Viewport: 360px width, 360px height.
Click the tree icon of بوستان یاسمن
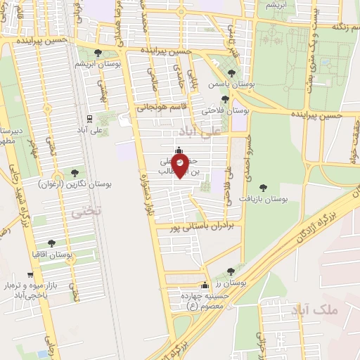231,73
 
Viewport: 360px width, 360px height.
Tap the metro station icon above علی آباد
89,119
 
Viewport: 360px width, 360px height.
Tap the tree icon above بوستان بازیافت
263,188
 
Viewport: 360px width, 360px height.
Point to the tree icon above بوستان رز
231,271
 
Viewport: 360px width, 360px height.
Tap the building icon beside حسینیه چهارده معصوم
205,285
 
